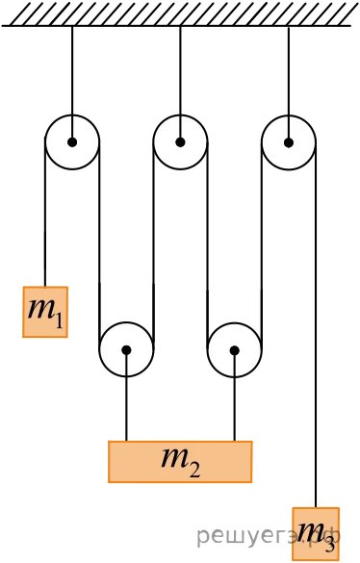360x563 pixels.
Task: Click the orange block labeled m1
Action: coord(45,312)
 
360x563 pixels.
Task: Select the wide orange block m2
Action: coord(180,461)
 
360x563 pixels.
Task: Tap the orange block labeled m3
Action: coord(316,534)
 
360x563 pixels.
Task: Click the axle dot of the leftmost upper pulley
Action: coord(72,142)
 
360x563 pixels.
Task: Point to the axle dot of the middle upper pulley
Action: coord(180,142)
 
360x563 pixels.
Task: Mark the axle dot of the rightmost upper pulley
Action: coord(288,142)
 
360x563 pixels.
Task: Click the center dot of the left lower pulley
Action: coord(126,349)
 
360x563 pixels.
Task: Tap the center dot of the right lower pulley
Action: coord(234,350)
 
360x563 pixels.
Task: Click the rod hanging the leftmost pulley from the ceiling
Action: coord(72,84)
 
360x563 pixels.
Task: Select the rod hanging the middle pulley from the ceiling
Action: coord(180,84)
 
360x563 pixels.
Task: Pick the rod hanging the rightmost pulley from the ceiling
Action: coord(288,84)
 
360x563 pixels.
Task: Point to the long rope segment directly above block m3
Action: coord(316,325)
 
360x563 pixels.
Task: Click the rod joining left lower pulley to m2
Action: coord(126,396)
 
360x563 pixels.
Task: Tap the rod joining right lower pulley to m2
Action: coord(234,396)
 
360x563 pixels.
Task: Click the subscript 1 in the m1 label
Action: coord(59,320)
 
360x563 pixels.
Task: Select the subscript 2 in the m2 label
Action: coord(194,470)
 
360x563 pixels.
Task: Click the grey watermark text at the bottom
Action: coord(269,536)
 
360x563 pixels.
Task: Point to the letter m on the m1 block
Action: coord(41,310)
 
